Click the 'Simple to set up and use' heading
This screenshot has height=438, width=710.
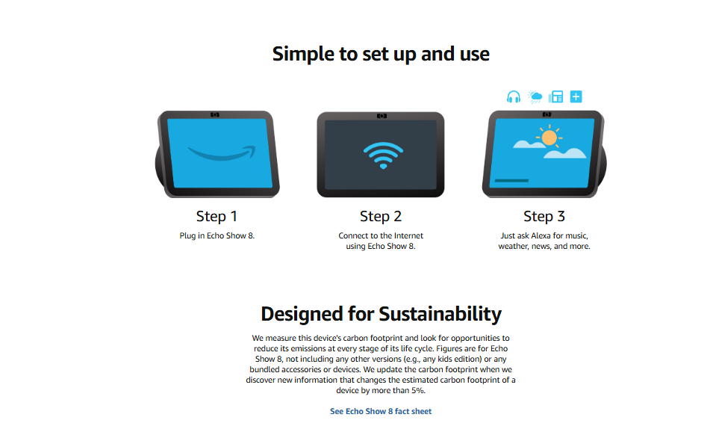[381, 54]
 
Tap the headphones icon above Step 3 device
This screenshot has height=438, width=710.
[514, 97]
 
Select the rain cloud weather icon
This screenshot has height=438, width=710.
[535, 96]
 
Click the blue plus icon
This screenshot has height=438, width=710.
[576, 96]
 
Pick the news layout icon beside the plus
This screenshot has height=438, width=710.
[555, 96]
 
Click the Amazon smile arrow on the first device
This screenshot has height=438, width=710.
[222, 153]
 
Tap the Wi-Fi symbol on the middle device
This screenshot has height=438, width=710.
[383, 155]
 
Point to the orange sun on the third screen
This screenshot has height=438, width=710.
[549, 137]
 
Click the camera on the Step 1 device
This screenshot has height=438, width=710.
[215, 114]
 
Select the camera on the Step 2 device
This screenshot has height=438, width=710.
[382, 116]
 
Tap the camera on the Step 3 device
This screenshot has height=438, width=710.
[547, 114]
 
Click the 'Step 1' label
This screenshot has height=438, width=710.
[217, 216]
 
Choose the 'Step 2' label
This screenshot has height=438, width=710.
[381, 216]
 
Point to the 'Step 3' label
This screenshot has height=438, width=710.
[544, 216]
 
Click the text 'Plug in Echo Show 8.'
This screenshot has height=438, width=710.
[217, 235]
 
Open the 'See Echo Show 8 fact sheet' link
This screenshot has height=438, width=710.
[381, 411]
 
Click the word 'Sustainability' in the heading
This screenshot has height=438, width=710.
[440, 314]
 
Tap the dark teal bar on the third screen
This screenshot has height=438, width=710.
[511, 180]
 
